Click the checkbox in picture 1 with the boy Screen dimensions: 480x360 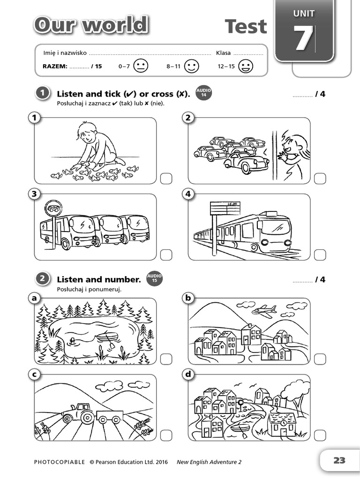(x=166, y=178)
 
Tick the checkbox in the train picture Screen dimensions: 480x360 (x=320, y=255)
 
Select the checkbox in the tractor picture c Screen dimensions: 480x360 (x=166, y=435)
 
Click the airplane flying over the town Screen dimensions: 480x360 (x=264, y=310)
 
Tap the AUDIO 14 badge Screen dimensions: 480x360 (x=203, y=93)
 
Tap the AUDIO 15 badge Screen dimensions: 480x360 (x=155, y=279)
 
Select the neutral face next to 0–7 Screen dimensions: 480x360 (x=140, y=66)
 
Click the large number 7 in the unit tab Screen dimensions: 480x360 (x=304, y=39)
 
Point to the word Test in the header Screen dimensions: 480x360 (x=246, y=26)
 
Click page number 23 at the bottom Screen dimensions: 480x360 (x=339, y=460)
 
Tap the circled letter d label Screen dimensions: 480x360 (x=188, y=374)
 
